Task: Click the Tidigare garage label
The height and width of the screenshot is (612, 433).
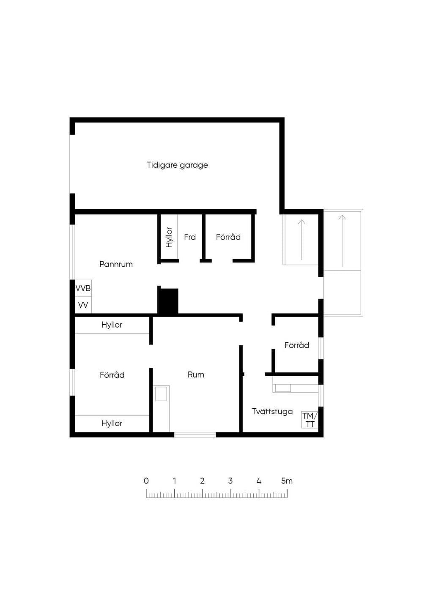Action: (x=177, y=165)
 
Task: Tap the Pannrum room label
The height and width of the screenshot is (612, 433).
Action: (x=116, y=264)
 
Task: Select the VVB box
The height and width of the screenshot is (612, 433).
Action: (x=83, y=288)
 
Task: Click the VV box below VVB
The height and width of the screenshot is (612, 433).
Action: (x=83, y=305)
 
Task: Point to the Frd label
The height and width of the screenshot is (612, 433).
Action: (x=190, y=237)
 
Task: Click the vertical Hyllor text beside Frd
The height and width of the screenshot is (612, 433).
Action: (x=169, y=238)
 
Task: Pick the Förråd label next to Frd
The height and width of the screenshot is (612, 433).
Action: (x=228, y=237)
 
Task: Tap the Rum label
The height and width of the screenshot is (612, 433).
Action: (x=196, y=374)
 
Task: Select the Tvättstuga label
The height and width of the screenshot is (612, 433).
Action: (x=272, y=412)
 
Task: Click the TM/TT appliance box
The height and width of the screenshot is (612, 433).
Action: (x=310, y=420)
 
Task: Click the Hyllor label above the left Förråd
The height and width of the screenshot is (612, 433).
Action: (x=112, y=325)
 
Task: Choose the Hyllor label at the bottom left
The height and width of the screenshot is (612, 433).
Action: (x=112, y=423)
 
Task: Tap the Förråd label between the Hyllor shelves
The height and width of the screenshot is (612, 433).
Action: (x=112, y=375)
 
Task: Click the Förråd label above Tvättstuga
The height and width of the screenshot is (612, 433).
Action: (x=297, y=345)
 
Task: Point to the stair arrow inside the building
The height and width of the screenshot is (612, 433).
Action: (x=301, y=240)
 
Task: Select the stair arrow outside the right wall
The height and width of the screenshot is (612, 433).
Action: (x=342, y=241)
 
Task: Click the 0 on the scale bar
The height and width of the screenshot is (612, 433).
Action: (x=146, y=481)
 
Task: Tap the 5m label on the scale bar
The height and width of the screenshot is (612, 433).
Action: (x=287, y=481)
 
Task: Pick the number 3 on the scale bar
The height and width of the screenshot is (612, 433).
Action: (x=230, y=481)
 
